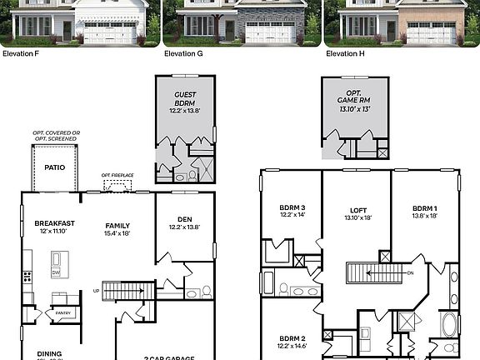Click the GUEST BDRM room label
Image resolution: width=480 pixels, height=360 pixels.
pyautogui.click(x=184, y=99)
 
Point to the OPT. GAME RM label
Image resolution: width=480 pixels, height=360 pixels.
pyautogui.click(x=355, y=99)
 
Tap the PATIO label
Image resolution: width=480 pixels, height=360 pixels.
pyautogui.click(x=54, y=167)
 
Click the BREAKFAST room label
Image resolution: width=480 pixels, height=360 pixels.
pyautogui.click(x=55, y=223)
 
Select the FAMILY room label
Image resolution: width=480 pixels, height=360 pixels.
pyautogui.click(x=117, y=225)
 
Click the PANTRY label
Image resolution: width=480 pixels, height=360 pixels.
pyautogui.click(x=63, y=313)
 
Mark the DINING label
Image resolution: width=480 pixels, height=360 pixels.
pyautogui.click(x=49, y=352)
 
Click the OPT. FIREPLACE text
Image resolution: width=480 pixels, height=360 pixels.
pyautogui.click(x=117, y=175)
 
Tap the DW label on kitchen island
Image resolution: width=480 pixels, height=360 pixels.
pyautogui.click(x=56, y=272)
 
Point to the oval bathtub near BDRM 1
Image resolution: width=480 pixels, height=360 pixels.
pyautogui.click(x=449, y=324)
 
